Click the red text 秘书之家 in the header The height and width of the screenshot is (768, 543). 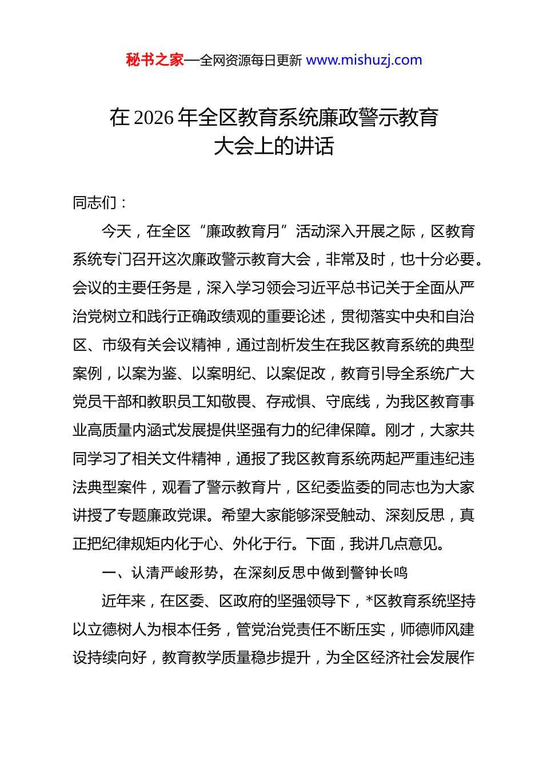(x=155, y=60)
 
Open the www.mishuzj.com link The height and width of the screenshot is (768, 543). (x=364, y=60)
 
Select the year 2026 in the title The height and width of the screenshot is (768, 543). (x=155, y=118)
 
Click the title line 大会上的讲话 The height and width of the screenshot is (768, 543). (x=274, y=146)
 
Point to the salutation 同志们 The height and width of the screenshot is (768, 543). (x=95, y=203)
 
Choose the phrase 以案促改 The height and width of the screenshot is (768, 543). (x=296, y=374)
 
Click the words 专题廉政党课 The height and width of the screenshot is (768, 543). (x=162, y=515)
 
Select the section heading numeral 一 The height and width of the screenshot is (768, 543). (x=109, y=573)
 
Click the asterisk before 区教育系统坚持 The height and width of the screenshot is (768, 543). (x=369, y=601)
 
